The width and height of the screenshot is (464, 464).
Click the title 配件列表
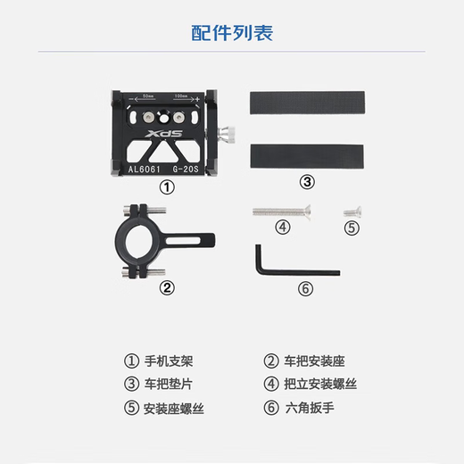(x=232, y=34)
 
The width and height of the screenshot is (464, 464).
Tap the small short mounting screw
(x=351, y=211)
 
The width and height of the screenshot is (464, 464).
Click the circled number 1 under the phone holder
(x=165, y=188)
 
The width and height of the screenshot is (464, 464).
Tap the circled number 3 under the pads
(x=307, y=182)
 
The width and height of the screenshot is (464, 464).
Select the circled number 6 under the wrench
(x=305, y=288)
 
